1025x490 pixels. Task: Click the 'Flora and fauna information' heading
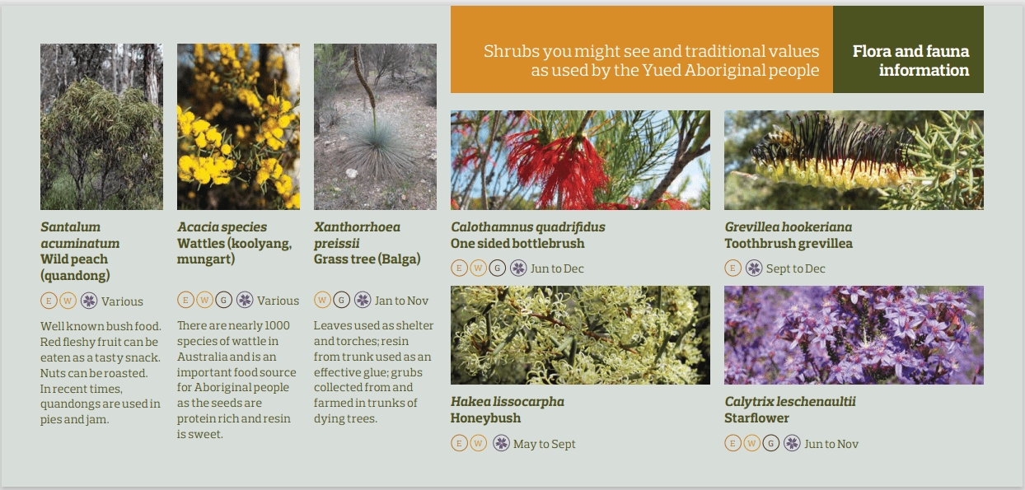click(910, 60)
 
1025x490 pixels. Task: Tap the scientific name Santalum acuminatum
click(80, 236)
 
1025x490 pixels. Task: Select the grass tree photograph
click(375, 127)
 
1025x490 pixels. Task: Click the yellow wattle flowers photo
click(238, 127)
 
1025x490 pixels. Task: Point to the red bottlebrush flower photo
click(580, 160)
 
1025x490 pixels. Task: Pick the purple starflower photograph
click(854, 335)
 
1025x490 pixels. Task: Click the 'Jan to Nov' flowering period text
click(401, 301)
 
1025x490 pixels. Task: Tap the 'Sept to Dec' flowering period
click(795, 268)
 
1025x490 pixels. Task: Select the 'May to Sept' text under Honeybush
click(544, 444)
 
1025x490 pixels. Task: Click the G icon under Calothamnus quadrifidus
click(497, 268)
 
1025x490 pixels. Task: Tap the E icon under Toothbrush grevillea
click(732, 268)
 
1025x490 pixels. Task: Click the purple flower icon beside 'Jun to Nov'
click(792, 443)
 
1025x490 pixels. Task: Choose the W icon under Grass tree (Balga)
click(322, 300)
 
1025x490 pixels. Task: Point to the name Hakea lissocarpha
click(507, 402)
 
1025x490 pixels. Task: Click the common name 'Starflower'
click(756, 418)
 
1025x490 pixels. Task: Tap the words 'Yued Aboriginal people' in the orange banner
click(731, 71)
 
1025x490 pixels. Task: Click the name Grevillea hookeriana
click(788, 227)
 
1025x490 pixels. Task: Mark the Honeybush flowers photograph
click(580, 335)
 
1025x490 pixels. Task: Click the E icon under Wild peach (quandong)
click(49, 301)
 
